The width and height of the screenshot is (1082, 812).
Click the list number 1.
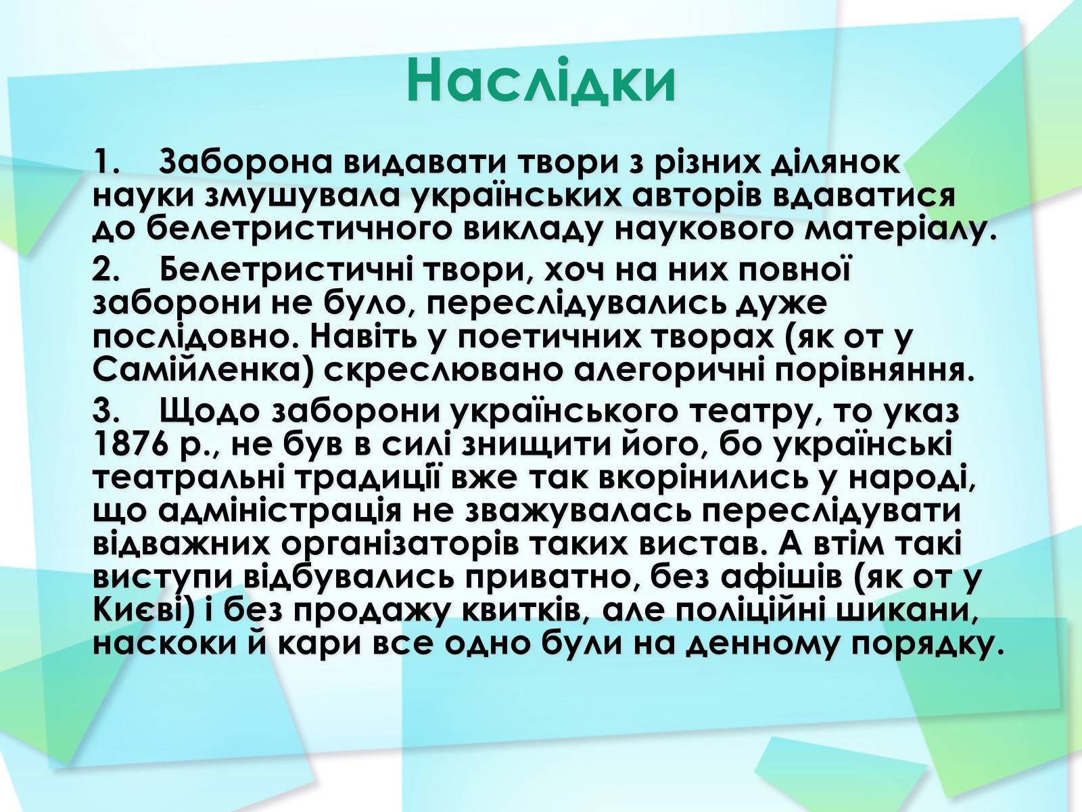click(106, 162)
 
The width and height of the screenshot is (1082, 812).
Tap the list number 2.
click(106, 271)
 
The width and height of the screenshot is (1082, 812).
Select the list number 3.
click(106, 411)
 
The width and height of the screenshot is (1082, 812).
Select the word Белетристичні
click(289, 271)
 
